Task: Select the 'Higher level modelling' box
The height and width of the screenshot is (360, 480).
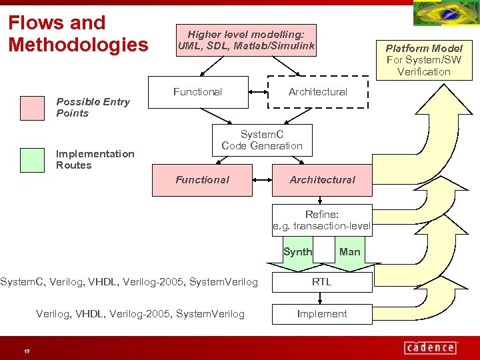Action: [245, 40]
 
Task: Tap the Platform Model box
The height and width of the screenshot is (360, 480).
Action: [423, 59]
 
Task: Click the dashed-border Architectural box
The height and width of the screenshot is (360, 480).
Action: [317, 92]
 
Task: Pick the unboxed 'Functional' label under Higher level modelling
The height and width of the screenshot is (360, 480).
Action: [197, 92]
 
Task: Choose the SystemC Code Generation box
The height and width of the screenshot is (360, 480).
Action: [261, 140]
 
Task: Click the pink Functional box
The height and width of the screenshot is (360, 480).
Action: [202, 180]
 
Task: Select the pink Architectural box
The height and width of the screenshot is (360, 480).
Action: [322, 180]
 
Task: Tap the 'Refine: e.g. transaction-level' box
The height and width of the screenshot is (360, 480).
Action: [322, 220]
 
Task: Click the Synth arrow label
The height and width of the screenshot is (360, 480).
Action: [297, 252]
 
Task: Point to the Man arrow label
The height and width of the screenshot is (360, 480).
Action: [349, 252]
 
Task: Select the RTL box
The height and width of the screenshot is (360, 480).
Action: [322, 282]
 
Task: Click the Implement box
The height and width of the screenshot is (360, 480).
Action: [322, 314]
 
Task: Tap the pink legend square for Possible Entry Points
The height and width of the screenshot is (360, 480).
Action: [31, 107]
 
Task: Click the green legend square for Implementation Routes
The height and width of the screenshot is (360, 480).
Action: [31, 159]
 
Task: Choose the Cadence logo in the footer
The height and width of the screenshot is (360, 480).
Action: [431, 347]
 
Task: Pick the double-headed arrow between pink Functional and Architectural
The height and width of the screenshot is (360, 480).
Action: [262, 180]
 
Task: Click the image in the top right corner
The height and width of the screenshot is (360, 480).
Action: [445, 13]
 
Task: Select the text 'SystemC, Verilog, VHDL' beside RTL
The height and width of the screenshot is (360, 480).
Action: [129, 282]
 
